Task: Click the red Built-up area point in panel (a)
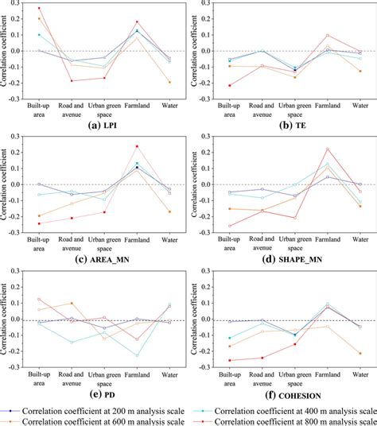click(39, 8)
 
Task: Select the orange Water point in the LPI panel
click(169, 82)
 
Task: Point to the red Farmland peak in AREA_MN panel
click(137, 145)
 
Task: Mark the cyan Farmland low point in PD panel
click(137, 355)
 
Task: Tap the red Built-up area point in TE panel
click(231, 85)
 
